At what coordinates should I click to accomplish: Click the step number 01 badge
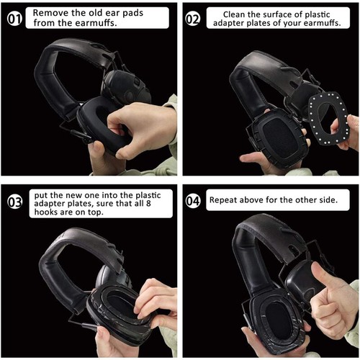pos(15,19)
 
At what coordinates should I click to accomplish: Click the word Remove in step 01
pos(53,13)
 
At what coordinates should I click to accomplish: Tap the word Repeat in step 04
pos(225,199)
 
